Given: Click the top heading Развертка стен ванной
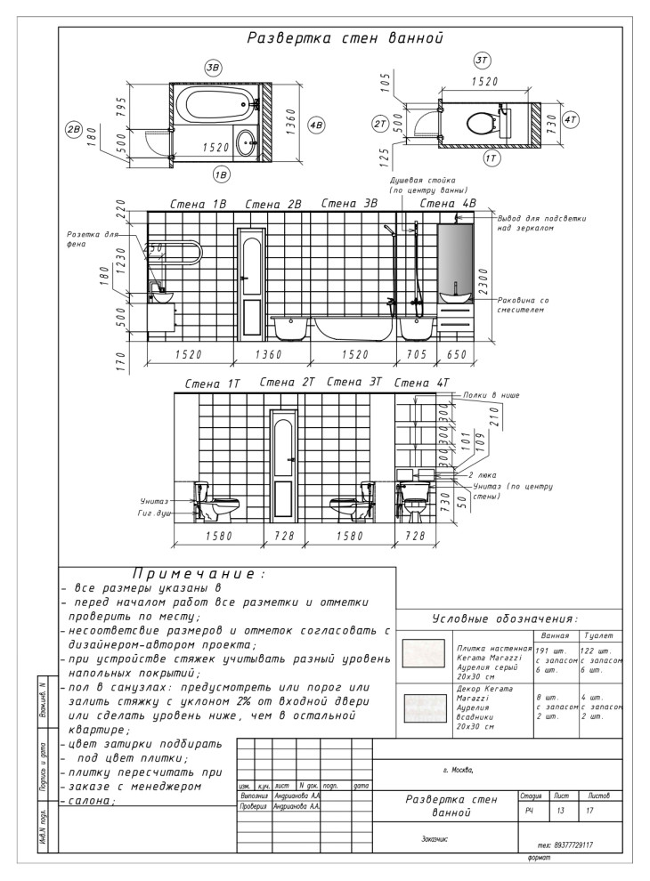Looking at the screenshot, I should pyautogui.click(x=345, y=38).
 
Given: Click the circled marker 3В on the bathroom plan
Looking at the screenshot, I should pyautogui.click(x=213, y=68).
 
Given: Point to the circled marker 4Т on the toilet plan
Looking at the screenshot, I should pyautogui.click(x=571, y=117).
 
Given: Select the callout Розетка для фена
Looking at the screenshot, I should pyautogui.click(x=93, y=240).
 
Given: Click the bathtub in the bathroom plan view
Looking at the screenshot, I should pyautogui.click(x=213, y=104).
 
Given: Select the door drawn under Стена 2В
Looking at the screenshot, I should pyautogui.click(x=250, y=283).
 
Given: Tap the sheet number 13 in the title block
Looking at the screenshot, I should pyautogui.click(x=559, y=811).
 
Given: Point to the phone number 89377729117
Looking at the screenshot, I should pyautogui.click(x=567, y=845).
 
